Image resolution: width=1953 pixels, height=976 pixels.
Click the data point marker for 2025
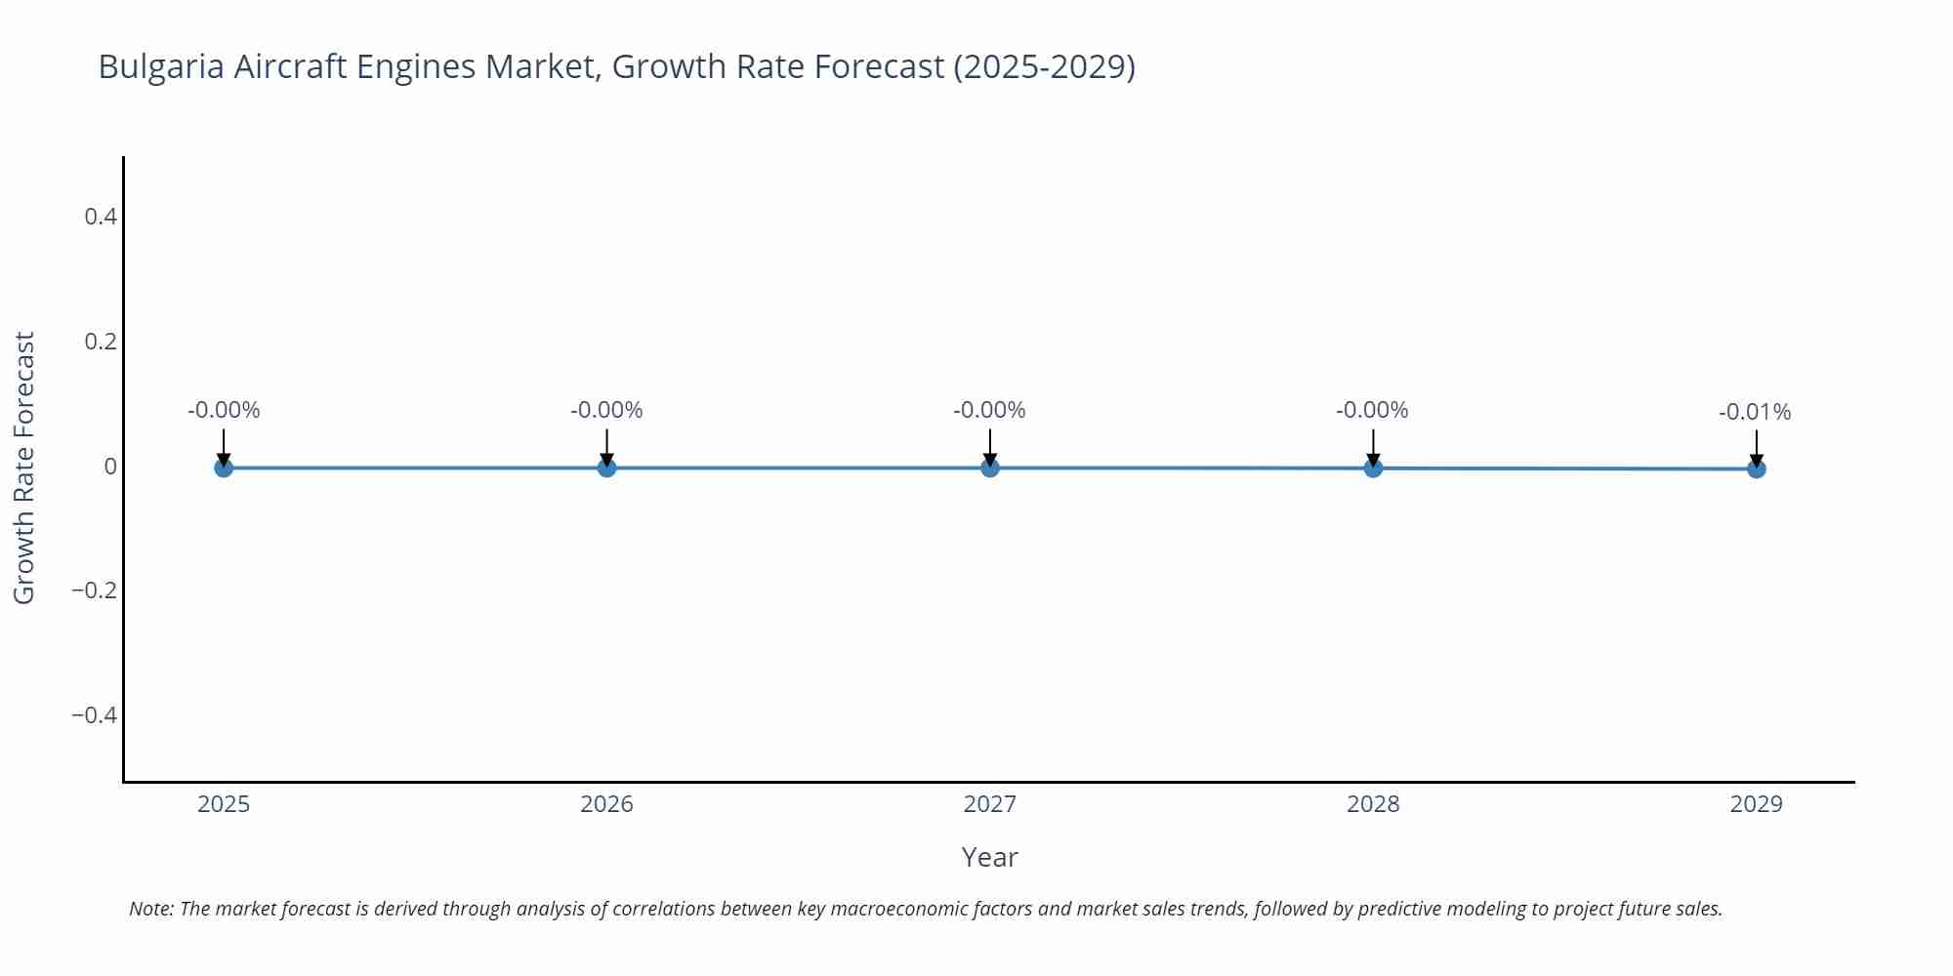224,468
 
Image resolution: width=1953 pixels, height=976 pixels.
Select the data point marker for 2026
606,468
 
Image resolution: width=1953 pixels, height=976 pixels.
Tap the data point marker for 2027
990,468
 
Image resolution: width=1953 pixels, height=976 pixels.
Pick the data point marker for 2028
1373,468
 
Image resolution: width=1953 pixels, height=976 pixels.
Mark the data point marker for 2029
1756,468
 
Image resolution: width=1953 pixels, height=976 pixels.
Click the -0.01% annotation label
1755,412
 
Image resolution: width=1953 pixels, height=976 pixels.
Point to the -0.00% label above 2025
224,410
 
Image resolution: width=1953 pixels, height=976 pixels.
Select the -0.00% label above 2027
989,410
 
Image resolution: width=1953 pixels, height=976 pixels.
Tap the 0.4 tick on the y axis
101,217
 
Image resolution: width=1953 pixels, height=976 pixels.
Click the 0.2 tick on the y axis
101,342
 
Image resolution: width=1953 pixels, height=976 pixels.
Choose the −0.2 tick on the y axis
94,590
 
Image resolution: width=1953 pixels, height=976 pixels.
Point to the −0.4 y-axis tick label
94,715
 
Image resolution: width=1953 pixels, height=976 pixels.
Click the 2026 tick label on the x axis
606,804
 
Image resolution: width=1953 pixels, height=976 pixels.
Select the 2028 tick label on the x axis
1373,804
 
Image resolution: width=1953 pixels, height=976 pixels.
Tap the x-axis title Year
989,857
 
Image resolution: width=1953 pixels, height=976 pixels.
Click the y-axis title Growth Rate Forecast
24,468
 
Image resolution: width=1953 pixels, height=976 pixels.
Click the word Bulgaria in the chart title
161,66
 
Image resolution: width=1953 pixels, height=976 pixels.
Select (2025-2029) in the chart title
1044,66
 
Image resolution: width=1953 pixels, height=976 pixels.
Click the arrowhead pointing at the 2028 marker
1373,459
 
